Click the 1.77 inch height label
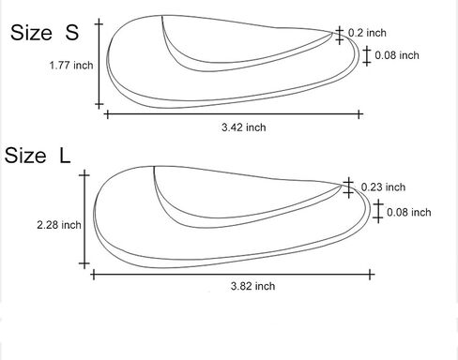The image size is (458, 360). [71, 66]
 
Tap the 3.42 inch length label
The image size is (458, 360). [244, 127]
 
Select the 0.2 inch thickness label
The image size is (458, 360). [367, 33]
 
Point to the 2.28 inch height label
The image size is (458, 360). [59, 225]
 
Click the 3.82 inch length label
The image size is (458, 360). [252, 286]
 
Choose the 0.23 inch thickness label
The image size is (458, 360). [383, 187]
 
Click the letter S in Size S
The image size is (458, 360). [72, 32]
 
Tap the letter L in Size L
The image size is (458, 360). [65, 156]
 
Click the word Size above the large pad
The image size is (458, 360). [25, 156]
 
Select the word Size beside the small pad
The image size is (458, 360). [31, 32]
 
